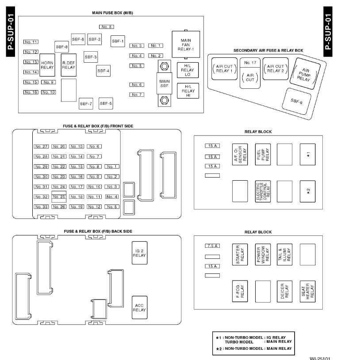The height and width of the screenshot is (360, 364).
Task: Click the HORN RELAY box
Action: (x=47, y=65)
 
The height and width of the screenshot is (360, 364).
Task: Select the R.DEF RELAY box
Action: (x=69, y=65)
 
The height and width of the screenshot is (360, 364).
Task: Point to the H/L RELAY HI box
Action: (x=188, y=91)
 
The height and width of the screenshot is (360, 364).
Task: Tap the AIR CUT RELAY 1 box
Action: (x=224, y=68)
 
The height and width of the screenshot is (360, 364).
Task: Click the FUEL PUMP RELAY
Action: (x=263, y=154)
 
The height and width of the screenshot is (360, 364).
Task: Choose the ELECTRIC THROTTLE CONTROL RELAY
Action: (x=263, y=191)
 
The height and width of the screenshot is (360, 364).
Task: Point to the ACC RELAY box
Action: (x=139, y=307)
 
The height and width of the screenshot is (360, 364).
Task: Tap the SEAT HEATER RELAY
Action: (x=307, y=291)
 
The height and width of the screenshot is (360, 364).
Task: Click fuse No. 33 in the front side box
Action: (x=41, y=207)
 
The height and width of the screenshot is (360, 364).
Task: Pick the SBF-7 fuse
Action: (x=86, y=104)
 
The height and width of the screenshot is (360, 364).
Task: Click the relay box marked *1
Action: (x=307, y=154)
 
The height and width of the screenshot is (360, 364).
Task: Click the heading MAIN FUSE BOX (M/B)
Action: (x=112, y=13)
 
